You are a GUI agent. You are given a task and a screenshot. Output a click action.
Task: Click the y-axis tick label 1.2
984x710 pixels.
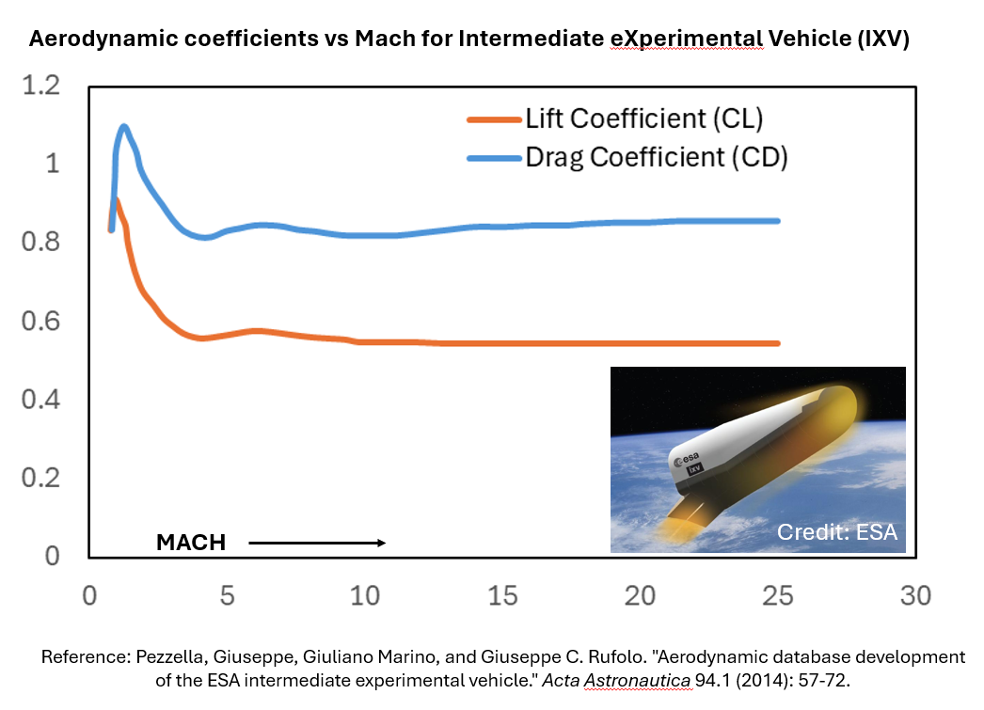[40, 86]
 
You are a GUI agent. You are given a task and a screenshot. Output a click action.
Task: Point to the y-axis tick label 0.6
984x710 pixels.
[40, 321]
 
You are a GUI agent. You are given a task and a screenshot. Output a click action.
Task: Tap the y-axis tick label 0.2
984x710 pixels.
[40, 478]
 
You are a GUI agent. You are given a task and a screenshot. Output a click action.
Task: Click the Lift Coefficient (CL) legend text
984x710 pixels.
[644, 119]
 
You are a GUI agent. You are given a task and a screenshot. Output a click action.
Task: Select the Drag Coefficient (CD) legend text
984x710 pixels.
[656, 157]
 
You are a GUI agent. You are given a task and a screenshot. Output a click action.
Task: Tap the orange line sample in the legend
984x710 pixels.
[493, 119]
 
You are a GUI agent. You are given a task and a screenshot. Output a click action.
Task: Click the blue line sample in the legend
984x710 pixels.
[493, 158]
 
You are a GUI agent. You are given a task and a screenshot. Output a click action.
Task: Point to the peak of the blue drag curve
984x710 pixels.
[123, 126]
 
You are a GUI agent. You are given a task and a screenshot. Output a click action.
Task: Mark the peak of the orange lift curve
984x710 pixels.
[116, 199]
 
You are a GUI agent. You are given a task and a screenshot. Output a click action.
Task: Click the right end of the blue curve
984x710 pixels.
[778, 221]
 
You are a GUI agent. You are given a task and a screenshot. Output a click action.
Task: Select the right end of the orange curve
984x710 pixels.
[778, 343]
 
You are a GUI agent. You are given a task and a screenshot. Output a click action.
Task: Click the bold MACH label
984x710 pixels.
[191, 543]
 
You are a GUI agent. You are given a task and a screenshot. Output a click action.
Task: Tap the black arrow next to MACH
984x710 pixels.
[317, 543]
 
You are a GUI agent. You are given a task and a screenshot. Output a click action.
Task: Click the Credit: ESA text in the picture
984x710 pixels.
[836, 533]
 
